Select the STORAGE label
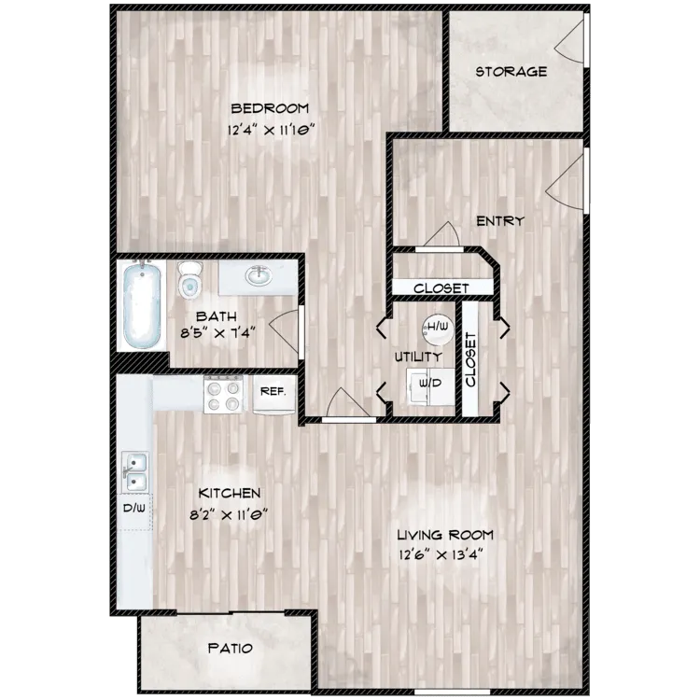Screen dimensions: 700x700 [511, 72]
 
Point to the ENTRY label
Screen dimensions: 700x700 [499, 221]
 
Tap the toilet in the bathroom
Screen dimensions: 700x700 [190, 277]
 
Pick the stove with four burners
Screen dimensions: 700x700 [224, 393]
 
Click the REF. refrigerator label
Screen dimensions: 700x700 [273, 392]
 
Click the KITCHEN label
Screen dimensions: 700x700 [229, 492]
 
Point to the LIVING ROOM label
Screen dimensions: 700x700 [444, 535]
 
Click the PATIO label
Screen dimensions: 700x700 [230, 646]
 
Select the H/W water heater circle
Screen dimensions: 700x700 [438, 327]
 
